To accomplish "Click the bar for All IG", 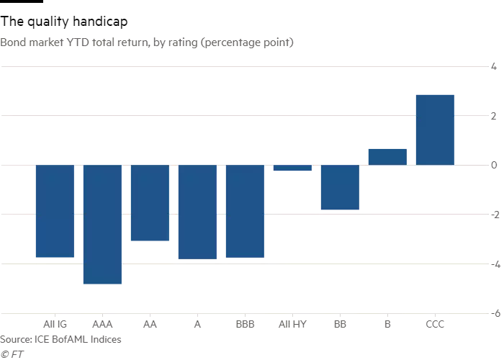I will [55, 211].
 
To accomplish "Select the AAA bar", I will [102, 225].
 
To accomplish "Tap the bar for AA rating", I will [150, 203].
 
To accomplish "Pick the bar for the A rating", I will [197, 212].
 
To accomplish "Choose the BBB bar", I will [245, 211].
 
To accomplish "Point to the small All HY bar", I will [292, 168].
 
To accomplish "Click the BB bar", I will [340, 187].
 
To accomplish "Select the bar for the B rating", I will [387, 156].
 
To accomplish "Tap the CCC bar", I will [435, 130].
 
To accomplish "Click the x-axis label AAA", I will [102, 325].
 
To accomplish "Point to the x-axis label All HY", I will [292, 325].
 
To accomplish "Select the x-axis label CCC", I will [435, 325].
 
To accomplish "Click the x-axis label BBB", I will [245, 325].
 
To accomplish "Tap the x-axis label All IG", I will [55, 325].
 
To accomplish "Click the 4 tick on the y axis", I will [494, 67].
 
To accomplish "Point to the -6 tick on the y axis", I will [494, 314].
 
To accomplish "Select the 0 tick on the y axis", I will [494, 166].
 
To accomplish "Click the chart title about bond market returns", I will [147, 42].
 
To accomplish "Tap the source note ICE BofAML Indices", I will [60, 339].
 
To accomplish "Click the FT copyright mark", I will [9, 354].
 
